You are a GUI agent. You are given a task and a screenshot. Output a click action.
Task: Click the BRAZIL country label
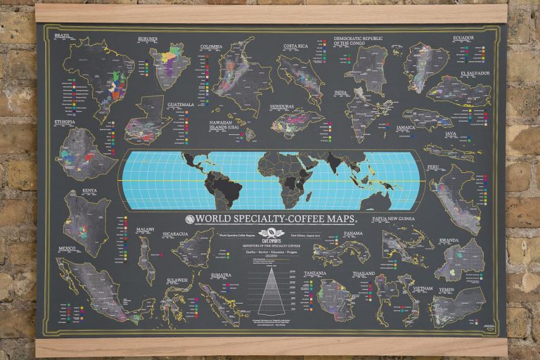[62, 35]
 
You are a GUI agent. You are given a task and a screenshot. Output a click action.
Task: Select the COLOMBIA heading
[211, 47]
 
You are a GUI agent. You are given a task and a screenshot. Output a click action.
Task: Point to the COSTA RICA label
[297, 46]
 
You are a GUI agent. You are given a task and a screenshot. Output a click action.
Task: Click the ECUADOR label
[463, 37]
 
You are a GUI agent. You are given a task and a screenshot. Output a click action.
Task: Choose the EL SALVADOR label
[475, 72]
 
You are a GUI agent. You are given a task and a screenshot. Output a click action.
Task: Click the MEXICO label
[67, 248]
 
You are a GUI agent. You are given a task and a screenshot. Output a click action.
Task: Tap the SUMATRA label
[221, 275]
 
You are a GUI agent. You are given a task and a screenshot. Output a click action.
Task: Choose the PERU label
[454, 167]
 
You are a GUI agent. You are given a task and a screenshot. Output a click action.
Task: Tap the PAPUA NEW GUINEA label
[404, 219]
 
